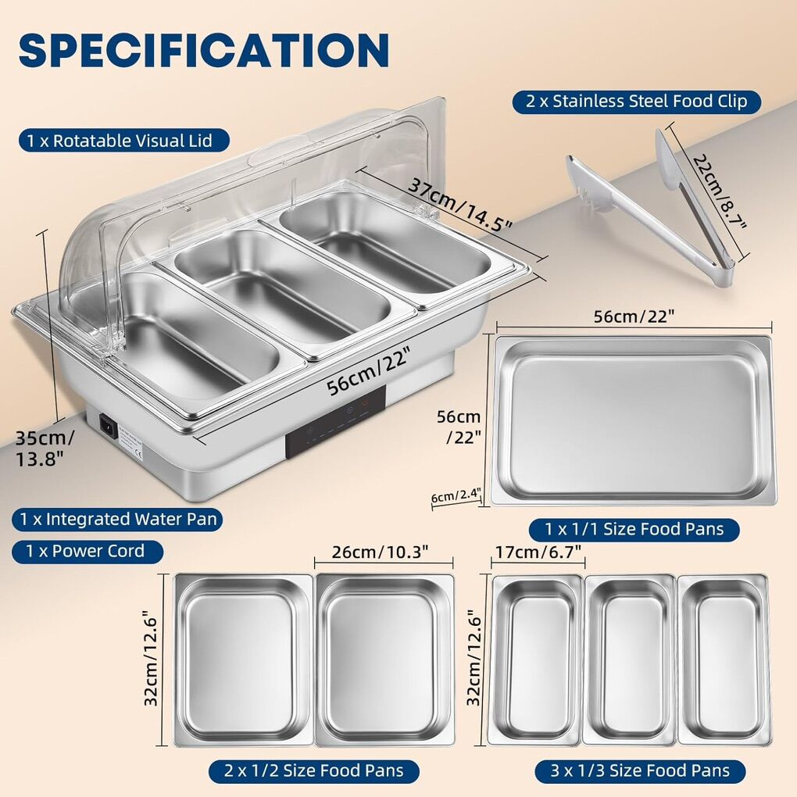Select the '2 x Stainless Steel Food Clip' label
pos(636,101)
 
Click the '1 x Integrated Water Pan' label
pos(118,519)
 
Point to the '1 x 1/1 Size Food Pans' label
pos(634,529)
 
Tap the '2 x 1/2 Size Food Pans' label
pos(313,770)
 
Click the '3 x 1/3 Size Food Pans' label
pos(640,770)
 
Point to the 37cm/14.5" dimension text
pos(459,205)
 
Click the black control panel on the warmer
pos(335,421)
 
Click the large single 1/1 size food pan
pos(633,420)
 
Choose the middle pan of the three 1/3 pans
pos(629,659)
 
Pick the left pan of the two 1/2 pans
pos(243,660)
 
